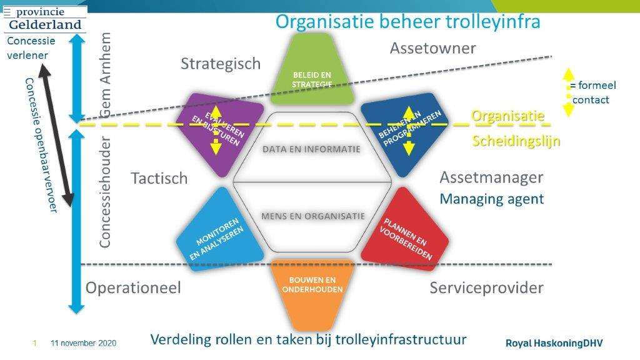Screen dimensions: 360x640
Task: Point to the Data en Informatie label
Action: (x=311, y=149)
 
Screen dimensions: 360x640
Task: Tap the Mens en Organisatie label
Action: (x=312, y=216)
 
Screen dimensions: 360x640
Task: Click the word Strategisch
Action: (x=221, y=64)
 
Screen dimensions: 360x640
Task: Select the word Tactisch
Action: (x=159, y=178)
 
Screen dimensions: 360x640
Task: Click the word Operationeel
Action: (x=133, y=287)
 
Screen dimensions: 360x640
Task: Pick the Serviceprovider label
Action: (x=486, y=288)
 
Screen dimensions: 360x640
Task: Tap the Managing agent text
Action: (x=491, y=199)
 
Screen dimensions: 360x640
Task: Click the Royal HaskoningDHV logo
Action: (x=554, y=343)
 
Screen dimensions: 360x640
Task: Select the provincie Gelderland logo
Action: (x=45, y=19)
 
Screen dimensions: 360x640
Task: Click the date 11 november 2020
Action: (x=83, y=343)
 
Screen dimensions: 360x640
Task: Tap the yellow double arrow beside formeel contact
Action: (x=568, y=92)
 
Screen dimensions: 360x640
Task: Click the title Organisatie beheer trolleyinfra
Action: (x=407, y=21)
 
